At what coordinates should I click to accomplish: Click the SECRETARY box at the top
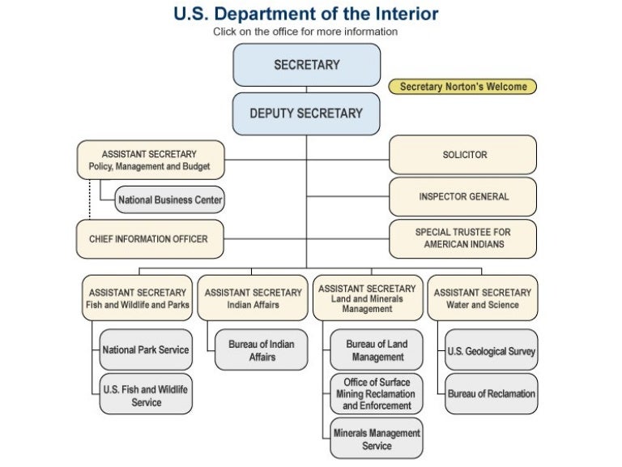coord(306,65)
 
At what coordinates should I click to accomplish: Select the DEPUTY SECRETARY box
coord(306,114)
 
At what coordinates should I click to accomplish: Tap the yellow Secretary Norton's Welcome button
coord(462,87)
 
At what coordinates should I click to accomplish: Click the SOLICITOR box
coord(463,154)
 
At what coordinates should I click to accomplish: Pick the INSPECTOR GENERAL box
coord(463,196)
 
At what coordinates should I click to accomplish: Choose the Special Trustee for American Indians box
coord(463,238)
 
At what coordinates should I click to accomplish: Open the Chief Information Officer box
coord(148,238)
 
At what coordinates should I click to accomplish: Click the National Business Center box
coord(169,199)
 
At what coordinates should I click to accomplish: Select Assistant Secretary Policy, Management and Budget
coord(149,160)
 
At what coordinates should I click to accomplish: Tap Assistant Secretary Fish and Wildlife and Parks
coord(138,298)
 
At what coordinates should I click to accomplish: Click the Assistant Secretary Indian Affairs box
coord(253,298)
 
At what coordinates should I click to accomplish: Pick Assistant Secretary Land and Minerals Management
coord(368,298)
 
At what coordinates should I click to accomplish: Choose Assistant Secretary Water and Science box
coord(483,298)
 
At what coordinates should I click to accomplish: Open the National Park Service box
coord(146,350)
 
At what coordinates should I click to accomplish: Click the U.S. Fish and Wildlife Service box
coord(146,396)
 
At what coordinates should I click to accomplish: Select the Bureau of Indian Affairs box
coord(262,350)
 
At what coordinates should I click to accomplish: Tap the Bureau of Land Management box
coord(377,350)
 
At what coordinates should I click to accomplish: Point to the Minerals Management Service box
coord(377,439)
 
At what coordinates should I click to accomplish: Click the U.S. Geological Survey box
coord(492,351)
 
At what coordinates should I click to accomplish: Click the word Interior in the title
coord(394,14)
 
